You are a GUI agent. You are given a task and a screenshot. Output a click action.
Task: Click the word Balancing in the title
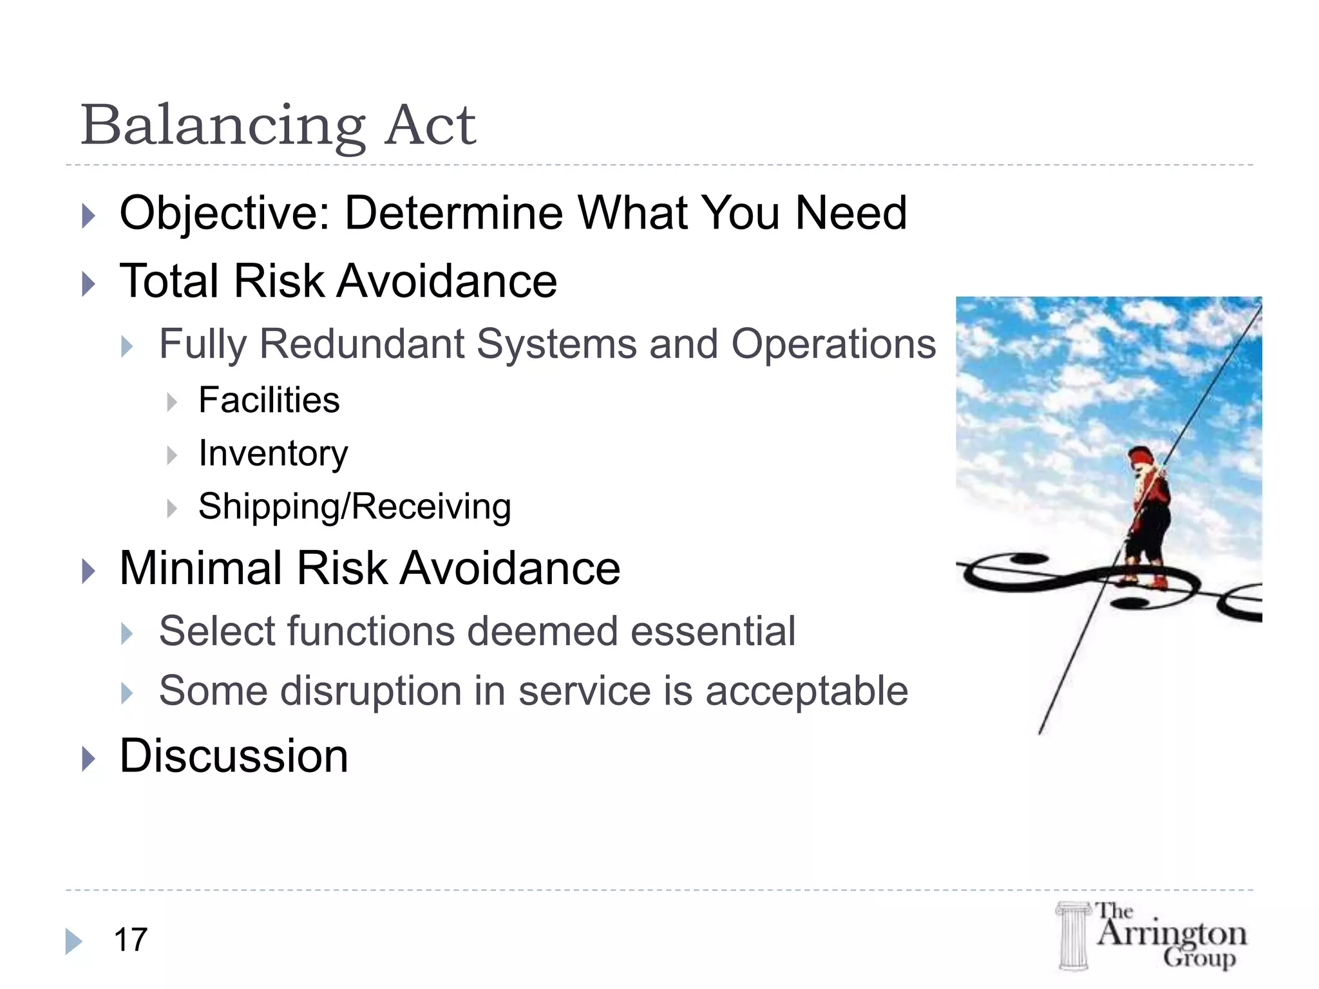pos(223,126)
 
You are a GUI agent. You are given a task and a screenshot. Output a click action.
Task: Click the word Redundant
pos(362,344)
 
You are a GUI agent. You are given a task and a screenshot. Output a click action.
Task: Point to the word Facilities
pos(269,400)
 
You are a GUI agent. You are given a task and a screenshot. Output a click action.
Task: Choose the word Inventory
pos(273,454)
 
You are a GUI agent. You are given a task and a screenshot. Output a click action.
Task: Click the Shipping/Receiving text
pos(354,507)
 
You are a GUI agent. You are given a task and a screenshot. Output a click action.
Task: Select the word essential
pos(713,631)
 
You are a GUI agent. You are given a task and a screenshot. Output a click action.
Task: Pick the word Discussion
pos(233,756)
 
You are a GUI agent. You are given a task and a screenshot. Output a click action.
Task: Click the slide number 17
pos(131,940)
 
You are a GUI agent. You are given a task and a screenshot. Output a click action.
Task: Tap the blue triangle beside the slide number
pos(73,941)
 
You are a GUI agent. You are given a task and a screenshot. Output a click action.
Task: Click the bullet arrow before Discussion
pos(89,759)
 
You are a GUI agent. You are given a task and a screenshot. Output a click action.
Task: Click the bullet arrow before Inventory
pos(171,456)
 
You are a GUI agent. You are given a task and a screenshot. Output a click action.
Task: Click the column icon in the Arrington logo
pos(1073,936)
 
